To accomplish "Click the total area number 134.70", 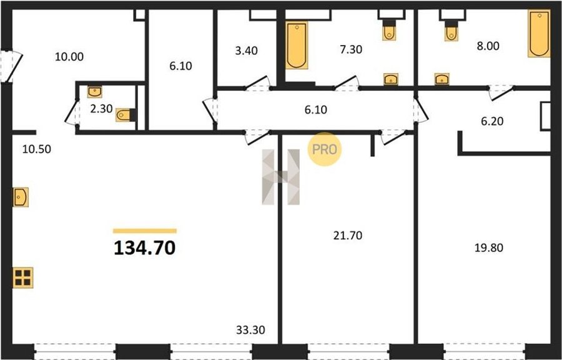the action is tap(144, 247).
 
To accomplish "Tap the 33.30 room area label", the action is tap(250, 329).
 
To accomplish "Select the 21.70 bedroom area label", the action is tap(348, 235).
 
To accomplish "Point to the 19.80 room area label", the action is tap(489, 247).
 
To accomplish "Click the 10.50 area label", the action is tap(37, 149).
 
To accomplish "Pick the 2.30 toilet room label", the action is tap(101, 109).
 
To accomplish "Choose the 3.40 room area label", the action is tap(246, 51).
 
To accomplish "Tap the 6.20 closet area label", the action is tap(492, 121).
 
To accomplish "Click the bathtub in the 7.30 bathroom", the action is tap(297, 45).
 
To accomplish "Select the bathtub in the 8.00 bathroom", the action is tap(539, 34).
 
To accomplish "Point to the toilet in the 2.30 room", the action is tap(126, 115).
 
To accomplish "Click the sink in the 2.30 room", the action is tap(95, 92).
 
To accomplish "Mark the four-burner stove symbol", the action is tap(23, 277).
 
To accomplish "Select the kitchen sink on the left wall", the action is tap(21, 197).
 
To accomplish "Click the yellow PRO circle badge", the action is tap(324, 149).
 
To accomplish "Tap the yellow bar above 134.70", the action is tap(145, 231).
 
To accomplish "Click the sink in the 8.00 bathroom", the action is tap(442, 79).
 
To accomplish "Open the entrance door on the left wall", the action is tap(12, 67).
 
